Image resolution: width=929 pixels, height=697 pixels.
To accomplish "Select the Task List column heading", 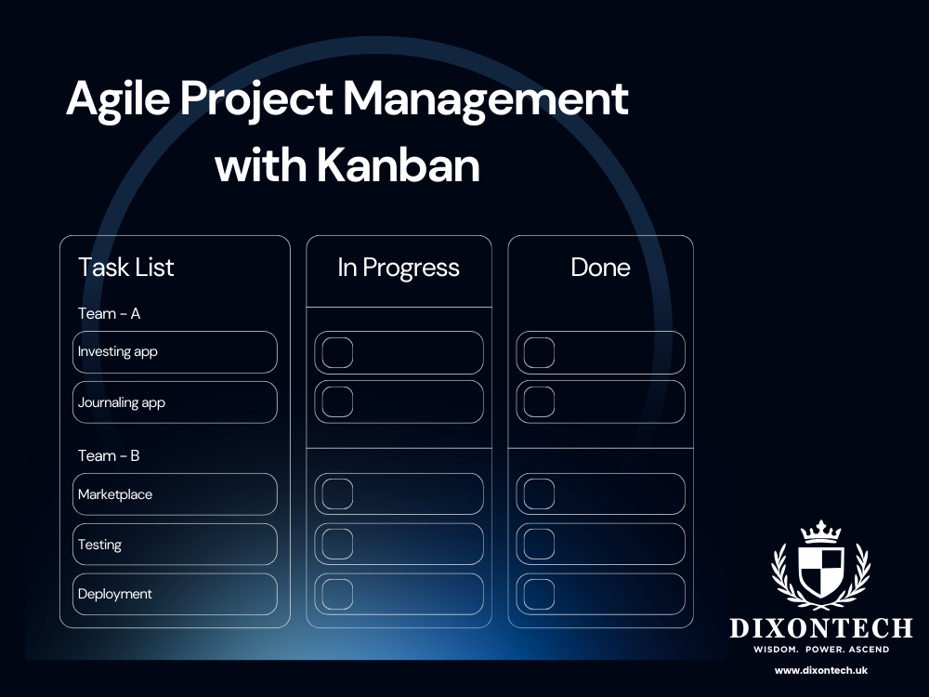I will coord(126,268).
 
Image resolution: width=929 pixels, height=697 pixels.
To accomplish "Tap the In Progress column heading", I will coord(399,268).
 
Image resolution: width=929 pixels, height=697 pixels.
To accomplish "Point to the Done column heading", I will coord(600,268).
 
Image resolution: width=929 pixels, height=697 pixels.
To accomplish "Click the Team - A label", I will coord(110,313).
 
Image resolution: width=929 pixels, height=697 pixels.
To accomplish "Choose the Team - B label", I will coord(110,455).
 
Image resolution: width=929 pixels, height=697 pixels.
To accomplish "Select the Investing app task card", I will coord(175,352).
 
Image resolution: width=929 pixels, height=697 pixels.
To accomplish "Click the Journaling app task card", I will coord(175,402).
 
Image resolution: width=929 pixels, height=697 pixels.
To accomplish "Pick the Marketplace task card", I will coord(175,494).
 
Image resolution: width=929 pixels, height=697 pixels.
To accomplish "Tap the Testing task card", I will coord(175,545).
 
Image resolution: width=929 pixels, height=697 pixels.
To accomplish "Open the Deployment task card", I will coord(175,594).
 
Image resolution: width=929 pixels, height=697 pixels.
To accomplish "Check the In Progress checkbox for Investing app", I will coord(337,353).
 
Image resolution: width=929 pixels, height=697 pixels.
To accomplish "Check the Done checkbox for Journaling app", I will coord(539,401).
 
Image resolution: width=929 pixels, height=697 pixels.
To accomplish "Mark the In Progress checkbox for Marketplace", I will coord(337,494).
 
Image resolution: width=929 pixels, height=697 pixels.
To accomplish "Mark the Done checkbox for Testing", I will coord(539,544).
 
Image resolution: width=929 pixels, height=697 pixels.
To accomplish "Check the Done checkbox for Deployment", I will coord(539,594).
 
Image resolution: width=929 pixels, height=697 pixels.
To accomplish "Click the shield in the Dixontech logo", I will coord(821,570).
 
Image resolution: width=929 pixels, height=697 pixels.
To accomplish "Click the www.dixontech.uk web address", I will coord(821,670).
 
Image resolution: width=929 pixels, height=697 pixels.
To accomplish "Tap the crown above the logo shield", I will coord(821,531).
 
